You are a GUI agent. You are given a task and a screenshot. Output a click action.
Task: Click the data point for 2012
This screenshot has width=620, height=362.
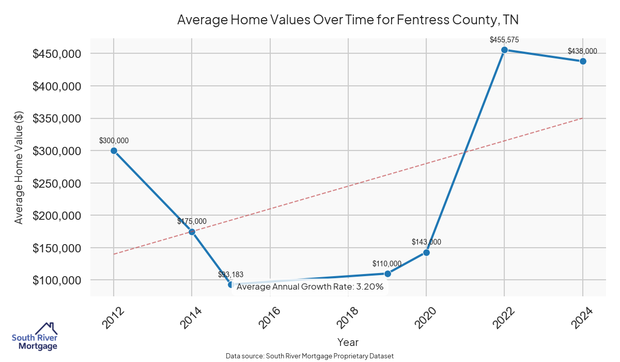click(114, 150)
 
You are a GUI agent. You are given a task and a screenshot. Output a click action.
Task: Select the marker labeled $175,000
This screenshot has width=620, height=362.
click(192, 232)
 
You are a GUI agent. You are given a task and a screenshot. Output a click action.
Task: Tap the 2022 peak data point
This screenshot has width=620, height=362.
click(504, 50)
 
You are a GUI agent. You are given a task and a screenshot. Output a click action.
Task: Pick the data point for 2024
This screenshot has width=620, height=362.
click(583, 61)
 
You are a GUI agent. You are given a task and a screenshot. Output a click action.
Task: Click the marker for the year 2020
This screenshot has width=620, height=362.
click(426, 252)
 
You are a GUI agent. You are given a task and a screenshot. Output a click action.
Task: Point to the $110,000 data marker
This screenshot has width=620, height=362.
click(388, 274)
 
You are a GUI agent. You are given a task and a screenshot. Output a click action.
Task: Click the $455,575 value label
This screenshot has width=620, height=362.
click(504, 39)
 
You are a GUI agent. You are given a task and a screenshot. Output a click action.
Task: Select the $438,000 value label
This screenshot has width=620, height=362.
click(582, 51)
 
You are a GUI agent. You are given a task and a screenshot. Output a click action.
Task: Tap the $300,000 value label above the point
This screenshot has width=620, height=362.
click(114, 140)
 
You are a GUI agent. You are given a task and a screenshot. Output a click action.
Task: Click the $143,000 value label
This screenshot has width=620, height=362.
click(426, 242)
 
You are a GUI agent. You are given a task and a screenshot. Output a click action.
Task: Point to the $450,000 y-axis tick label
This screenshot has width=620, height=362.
click(57, 54)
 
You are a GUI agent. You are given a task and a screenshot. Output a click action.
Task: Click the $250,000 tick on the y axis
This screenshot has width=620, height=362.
click(57, 183)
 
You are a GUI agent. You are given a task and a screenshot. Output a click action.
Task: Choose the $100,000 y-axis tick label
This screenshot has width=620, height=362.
click(57, 280)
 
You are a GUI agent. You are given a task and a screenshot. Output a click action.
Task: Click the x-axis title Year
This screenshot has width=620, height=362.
click(348, 342)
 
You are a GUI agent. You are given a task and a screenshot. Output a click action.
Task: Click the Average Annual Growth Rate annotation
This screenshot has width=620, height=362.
click(310, 286)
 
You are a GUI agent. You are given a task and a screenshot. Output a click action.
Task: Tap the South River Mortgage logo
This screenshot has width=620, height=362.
click(35, 337)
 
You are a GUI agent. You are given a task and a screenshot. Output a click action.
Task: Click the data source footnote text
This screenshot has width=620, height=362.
click(310, 356)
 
